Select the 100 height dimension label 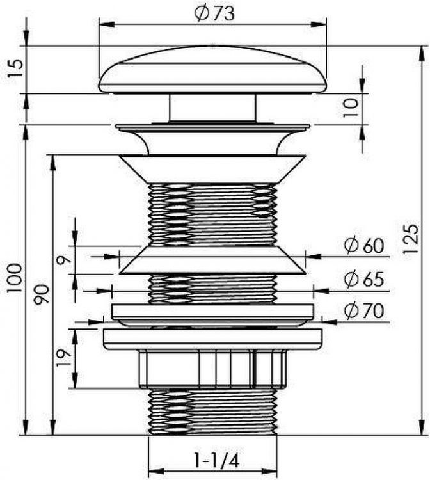[x=13, y=278]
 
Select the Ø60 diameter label [x=363, y=246]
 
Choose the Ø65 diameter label [x=363, y=280]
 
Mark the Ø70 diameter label [x=363, y=311]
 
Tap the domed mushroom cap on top [x=213, y=69]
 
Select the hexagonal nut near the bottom [x=212, y=370]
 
